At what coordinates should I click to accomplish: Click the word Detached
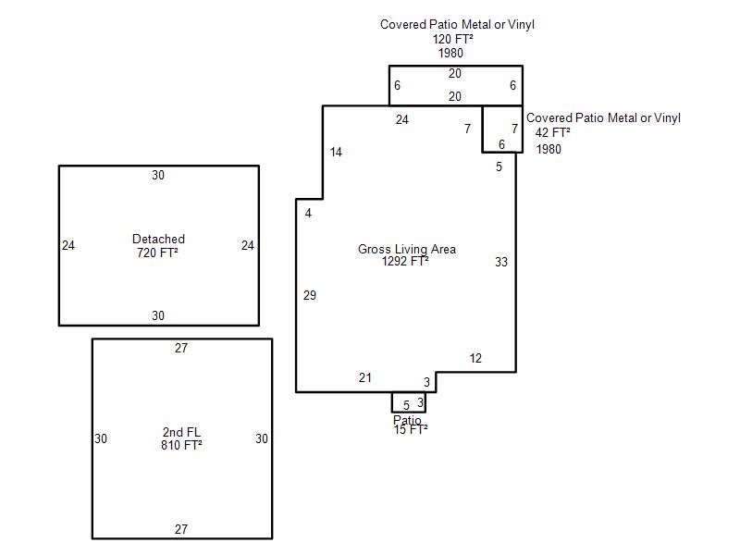[158, 239]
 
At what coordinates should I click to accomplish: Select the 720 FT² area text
[157, 253]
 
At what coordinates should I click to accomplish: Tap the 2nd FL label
[181, 432]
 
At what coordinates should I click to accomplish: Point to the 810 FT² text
[181, 445]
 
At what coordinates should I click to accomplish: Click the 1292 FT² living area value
[405, 261]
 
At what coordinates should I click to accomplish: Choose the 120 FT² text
[453, 39]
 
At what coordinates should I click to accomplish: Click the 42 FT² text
[552, 132]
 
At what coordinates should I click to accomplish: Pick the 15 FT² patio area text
[411, 429]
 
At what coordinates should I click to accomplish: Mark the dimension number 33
[501, 262]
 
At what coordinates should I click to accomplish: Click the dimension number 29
[310, 295]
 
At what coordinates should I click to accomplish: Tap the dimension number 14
[336, 152]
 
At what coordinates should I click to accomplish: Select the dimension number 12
[475, 358]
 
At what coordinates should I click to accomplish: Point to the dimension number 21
[365, 377]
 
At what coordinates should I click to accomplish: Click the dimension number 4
[308, 214]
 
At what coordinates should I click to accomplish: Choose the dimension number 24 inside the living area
[402, 120]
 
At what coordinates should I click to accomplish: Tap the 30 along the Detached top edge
[158, 175]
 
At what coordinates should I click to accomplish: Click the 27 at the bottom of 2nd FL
[181, 529]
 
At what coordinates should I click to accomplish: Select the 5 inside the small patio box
[406, 405]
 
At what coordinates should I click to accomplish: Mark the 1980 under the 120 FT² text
[450, 53]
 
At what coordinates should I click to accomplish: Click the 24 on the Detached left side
[68, 245]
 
